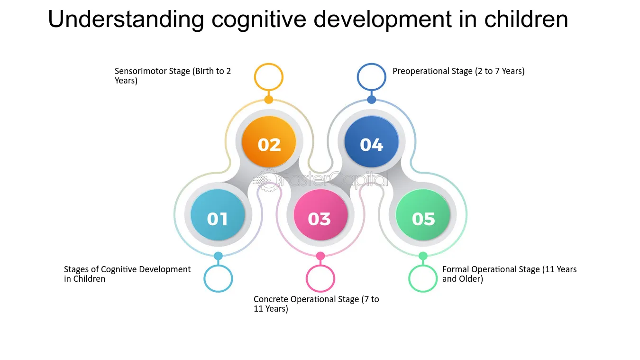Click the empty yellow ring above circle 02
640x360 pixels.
pyautogui.click(x=269, y=77)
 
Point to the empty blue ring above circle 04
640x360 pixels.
pyautogui.click(x=372, y=77)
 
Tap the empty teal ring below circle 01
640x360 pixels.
pyautogui.click(x=218, y=278)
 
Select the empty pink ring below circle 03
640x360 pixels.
pyautogui.click(x=320, y=278)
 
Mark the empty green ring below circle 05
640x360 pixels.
pyautogui.click(x=423, y=278)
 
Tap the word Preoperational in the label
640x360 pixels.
pyautogui.click(x=419, y=71)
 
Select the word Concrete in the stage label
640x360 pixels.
pyautogui.click(x=271, y=299)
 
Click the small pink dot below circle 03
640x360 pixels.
pyautogui.click(x=320, y=256)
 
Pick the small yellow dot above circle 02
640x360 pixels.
pyautogui.click(x=269, y=100)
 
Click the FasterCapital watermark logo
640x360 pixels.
pyautogui.click(x=320, y=180)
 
